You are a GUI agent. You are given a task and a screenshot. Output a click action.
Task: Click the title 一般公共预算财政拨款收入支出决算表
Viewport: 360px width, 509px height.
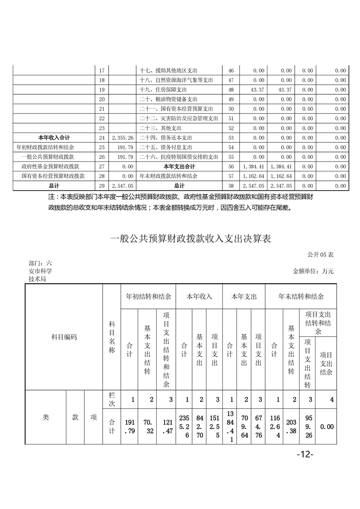pos(191,239)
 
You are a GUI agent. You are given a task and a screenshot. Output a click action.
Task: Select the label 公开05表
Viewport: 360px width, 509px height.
pos(320,255)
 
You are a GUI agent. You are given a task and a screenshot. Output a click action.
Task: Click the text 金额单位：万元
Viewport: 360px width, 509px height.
pos(313,271)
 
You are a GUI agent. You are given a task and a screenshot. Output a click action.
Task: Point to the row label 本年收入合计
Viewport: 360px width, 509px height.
pos(53,137)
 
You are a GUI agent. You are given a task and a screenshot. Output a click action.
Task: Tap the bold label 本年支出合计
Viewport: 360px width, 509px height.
pos(179,166)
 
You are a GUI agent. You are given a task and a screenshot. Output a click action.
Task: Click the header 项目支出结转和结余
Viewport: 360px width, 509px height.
pos(317,323)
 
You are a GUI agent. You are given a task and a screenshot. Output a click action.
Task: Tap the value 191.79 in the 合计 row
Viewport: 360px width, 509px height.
pos(129,426)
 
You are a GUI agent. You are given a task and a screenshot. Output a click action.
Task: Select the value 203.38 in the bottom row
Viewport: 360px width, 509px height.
pos(291,426)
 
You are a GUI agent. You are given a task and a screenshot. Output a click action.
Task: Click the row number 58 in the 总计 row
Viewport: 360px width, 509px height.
pos(231,186)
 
